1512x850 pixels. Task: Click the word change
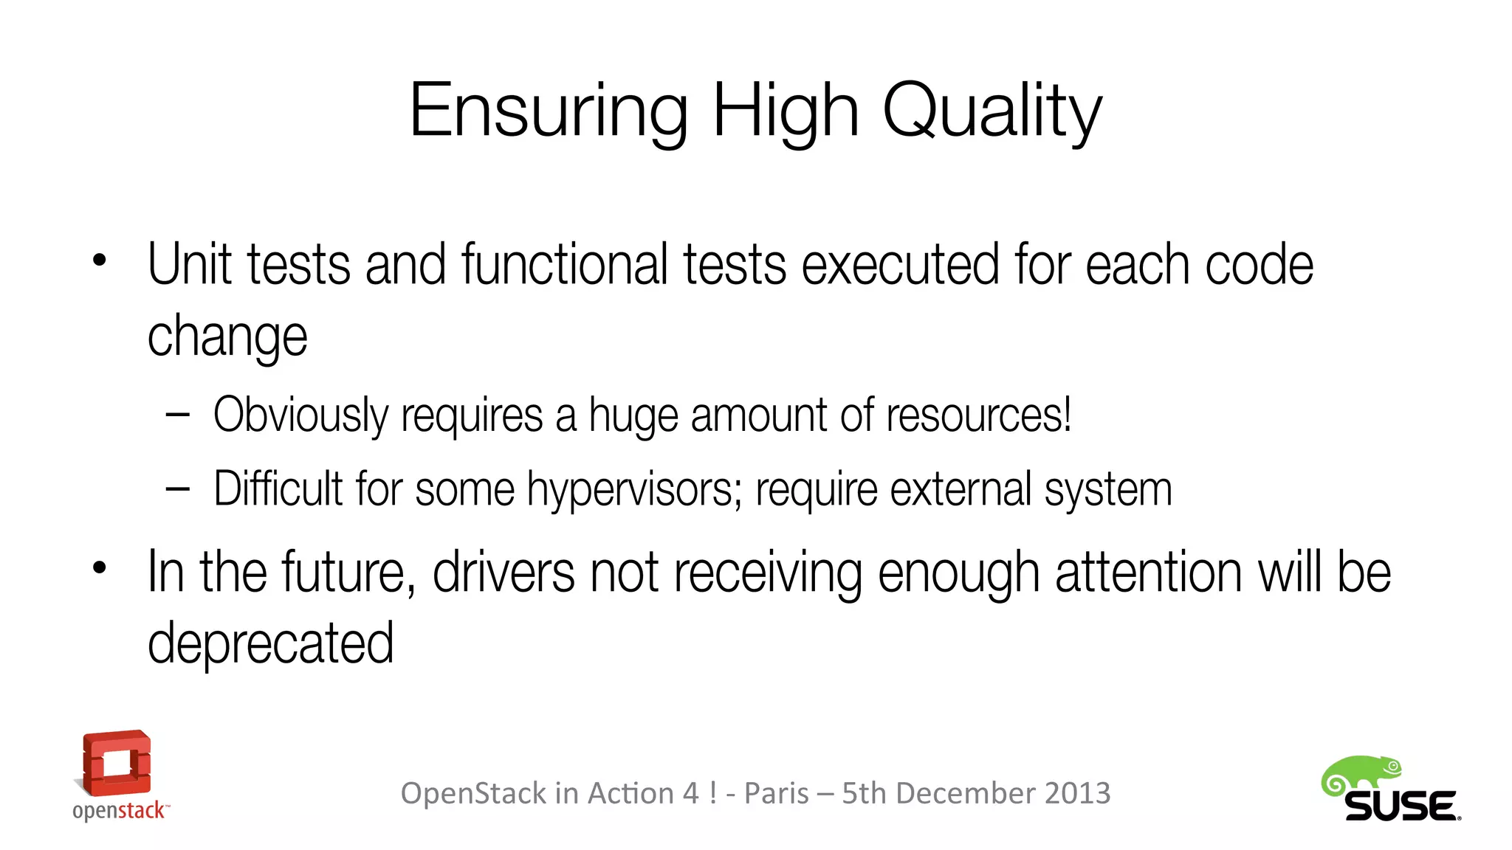[227, 337]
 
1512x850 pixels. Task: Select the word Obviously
[300, 415]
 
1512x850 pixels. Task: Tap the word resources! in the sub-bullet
[978, 415]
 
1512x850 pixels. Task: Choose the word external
[961, 489]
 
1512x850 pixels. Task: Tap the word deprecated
[270, 644]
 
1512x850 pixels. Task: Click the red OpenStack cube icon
[116, 763]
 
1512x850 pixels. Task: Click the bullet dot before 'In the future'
[100, 567]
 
